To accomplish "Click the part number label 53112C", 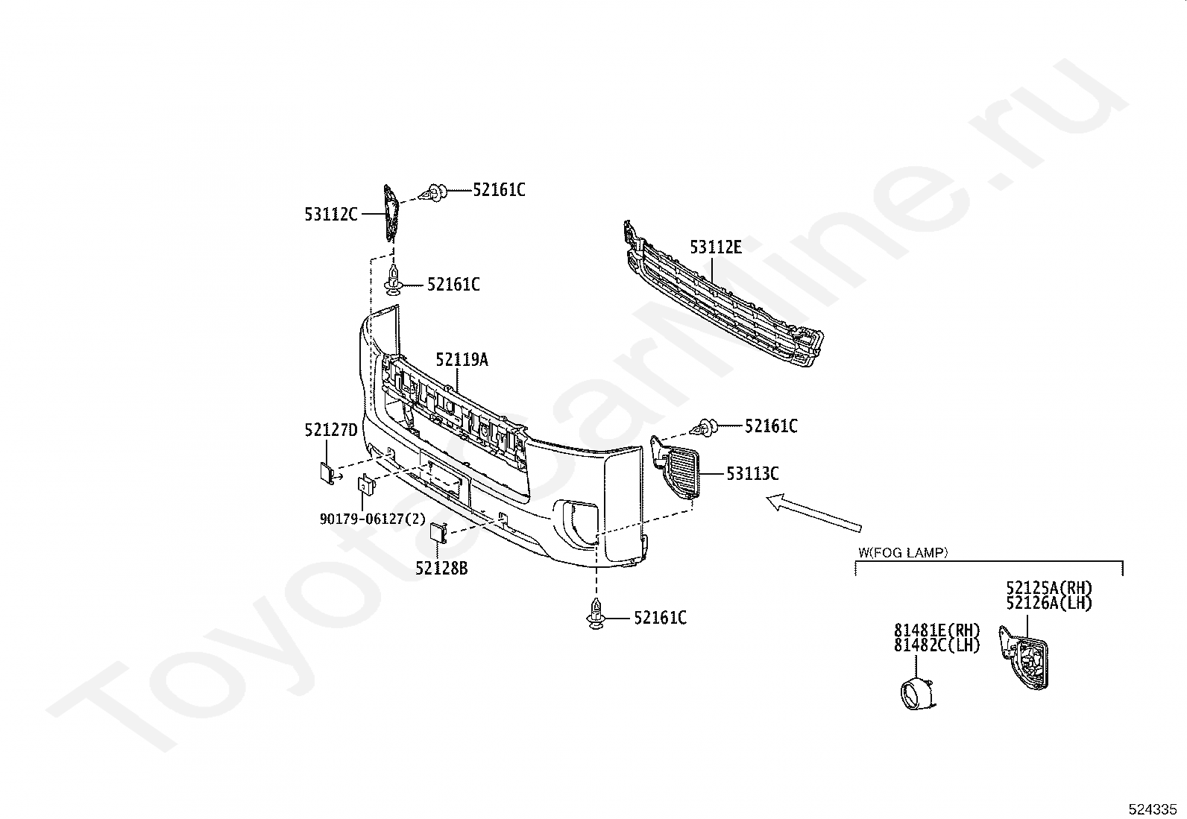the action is click(x=330, y=215).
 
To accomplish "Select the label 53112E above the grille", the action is click(x=715, y=247).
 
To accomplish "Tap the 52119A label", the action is click(x=462, y=360).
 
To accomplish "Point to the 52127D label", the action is click(x=330, y=430).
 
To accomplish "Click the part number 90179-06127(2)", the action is click(x=372, y=519).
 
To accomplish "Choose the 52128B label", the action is click(x=441, y=569).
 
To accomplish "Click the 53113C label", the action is click(x=752, y=473).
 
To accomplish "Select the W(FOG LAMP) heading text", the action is click(x=902, y=553).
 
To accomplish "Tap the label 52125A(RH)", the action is click(x=1048, y=588).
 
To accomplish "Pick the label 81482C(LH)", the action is click(x=936, y=645).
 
